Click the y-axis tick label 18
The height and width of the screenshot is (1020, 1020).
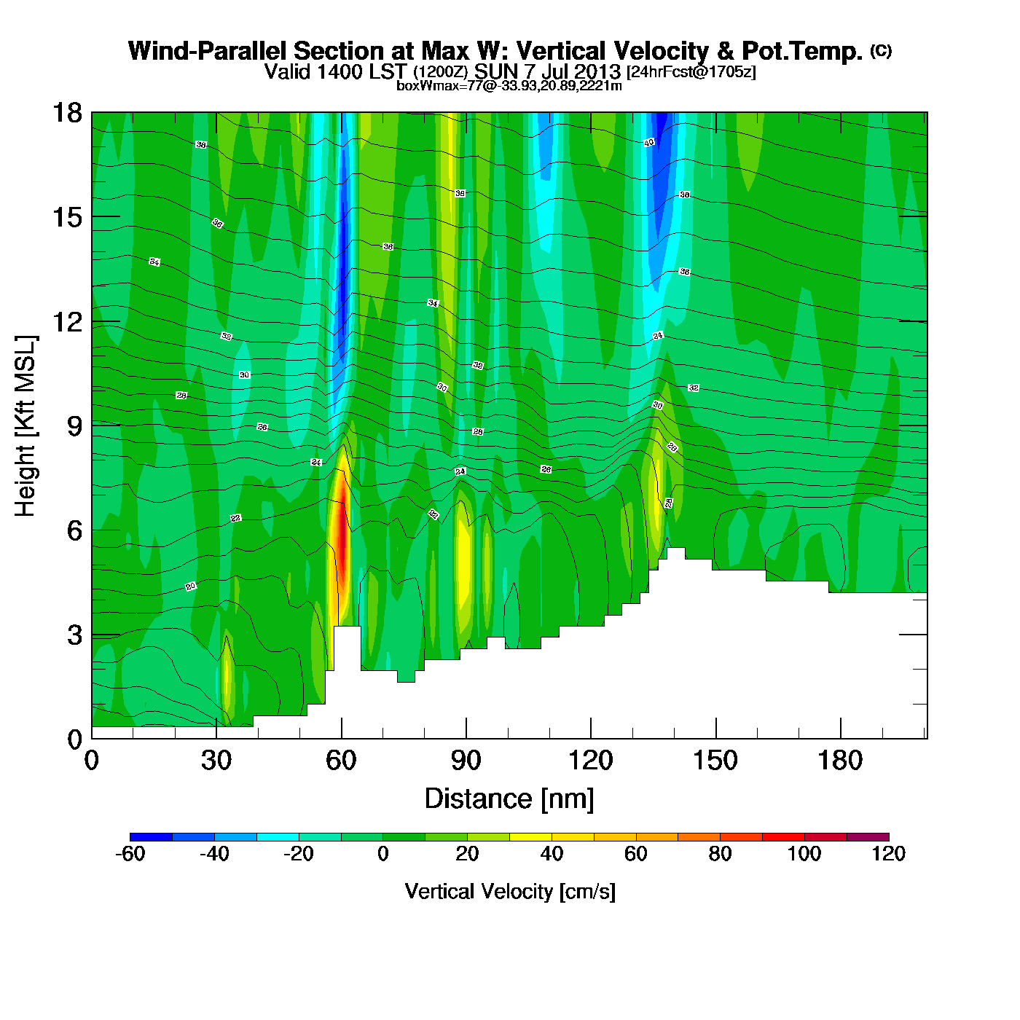(x=66, y=113)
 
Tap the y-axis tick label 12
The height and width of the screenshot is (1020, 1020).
(x=66, y=321)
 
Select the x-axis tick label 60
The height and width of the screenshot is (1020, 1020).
(x=341, y=761)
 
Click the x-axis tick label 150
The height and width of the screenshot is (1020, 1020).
(x=715, y=761)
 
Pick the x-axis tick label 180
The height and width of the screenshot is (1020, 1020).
(x=840, y=761)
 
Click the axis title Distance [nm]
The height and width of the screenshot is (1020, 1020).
(x=509, y=799)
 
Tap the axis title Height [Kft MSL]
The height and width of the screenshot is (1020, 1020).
(x=25, y=426)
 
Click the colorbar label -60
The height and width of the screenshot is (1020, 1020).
(x=130, y=854)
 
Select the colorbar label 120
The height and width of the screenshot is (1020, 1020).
(x=888, y=854)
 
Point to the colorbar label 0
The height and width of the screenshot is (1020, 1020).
(x=383, y=854)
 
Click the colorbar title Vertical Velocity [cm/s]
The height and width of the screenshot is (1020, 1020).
(x=510, y=891)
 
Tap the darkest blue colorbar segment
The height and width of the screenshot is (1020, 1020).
(x=151, y=836)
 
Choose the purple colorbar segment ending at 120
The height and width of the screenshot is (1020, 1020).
(x=868, y=836)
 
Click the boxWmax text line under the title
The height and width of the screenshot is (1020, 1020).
(x=509, y=86)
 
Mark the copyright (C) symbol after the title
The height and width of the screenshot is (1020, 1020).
(x=880, y=50)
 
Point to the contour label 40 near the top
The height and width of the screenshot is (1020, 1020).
(x=649, y=143)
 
